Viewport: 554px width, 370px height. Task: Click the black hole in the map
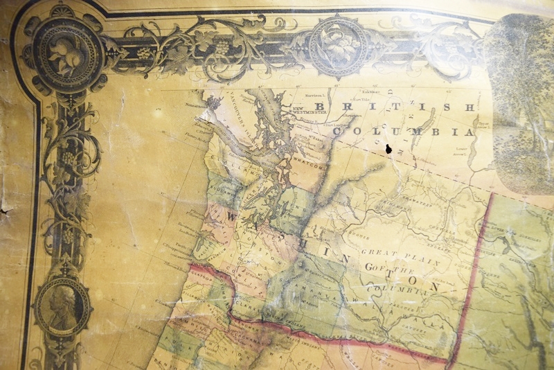tap(388, 149)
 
